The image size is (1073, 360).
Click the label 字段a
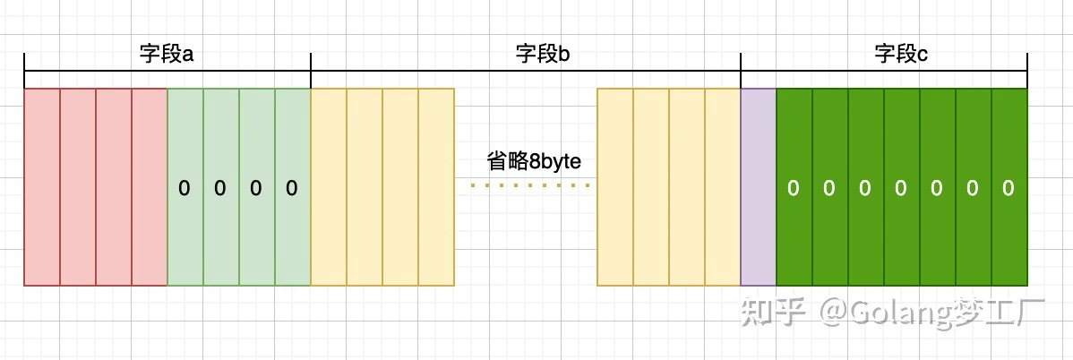click(167, 55)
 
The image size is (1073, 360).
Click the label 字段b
click(543, 55)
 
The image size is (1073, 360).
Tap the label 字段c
click(901, 55)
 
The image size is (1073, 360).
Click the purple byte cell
click(759, 187)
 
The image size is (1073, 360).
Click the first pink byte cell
click(42, 187)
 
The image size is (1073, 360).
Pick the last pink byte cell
click(150, 187)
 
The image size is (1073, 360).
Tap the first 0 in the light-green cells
click(185, 188)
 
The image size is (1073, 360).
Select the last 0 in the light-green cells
click(291, 188)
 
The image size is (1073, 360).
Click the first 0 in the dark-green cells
click(794, 188)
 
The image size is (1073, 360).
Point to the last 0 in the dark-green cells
click(1008, 188)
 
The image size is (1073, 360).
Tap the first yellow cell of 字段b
click(329, 187)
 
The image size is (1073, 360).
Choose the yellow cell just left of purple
click(723, 187)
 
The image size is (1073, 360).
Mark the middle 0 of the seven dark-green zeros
click(900, 188)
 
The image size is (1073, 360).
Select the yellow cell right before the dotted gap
click(436, 187)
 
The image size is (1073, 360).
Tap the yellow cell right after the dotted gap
click(615, 187)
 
